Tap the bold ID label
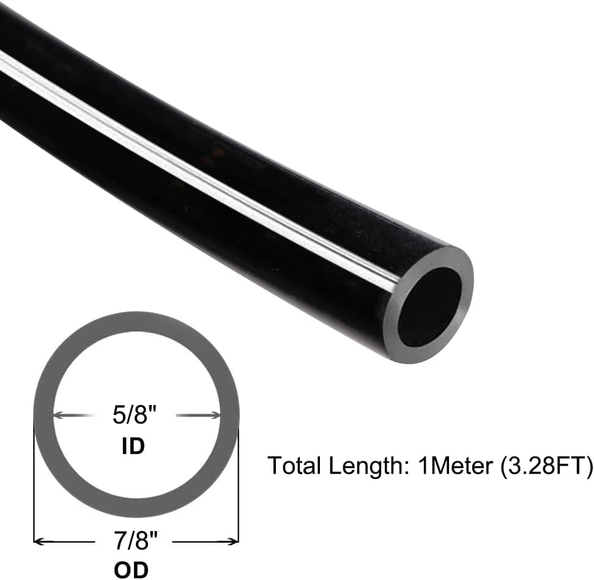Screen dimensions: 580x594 point(133,446)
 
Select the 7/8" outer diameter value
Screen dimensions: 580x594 point(136,541)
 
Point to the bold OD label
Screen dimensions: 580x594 point(132,570)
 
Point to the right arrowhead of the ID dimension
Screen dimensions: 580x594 point(215,415)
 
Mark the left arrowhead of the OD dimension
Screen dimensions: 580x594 point(38,541)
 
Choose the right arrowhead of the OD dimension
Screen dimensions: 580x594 point(234,541)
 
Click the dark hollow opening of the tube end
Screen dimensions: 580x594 point(429,306)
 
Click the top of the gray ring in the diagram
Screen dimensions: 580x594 point(136,323)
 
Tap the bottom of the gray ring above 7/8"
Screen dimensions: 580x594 point(136,508)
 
